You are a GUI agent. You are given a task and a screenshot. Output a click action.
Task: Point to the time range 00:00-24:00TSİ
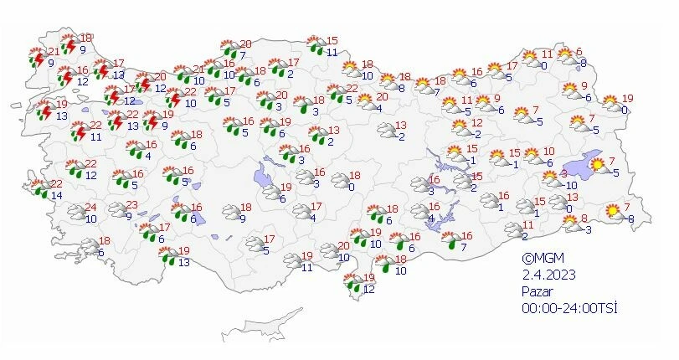click(x=568, y=307)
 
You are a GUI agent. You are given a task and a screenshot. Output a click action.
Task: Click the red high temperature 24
click(x=91, y=208)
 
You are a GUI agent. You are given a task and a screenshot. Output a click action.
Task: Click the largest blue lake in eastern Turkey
click(x=579, y=167)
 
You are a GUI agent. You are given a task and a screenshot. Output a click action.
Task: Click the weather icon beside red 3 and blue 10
click(x=549, y=178)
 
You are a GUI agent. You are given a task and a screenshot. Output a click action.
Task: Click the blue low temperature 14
click(x=56, y=196)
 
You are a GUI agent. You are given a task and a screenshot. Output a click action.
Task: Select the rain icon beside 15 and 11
click(x=317, y=45)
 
